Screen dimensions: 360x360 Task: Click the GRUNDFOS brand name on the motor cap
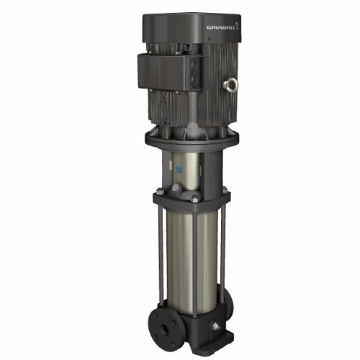221,27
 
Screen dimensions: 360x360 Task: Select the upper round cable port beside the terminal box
194,66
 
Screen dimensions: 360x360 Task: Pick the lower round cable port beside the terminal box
194,79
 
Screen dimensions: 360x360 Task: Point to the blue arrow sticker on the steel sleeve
179,170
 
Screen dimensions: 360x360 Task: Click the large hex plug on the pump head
176,189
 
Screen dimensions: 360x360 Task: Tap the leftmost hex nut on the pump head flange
159,192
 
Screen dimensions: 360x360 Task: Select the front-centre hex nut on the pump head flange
195,199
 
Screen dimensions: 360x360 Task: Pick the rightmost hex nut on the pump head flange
225,190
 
